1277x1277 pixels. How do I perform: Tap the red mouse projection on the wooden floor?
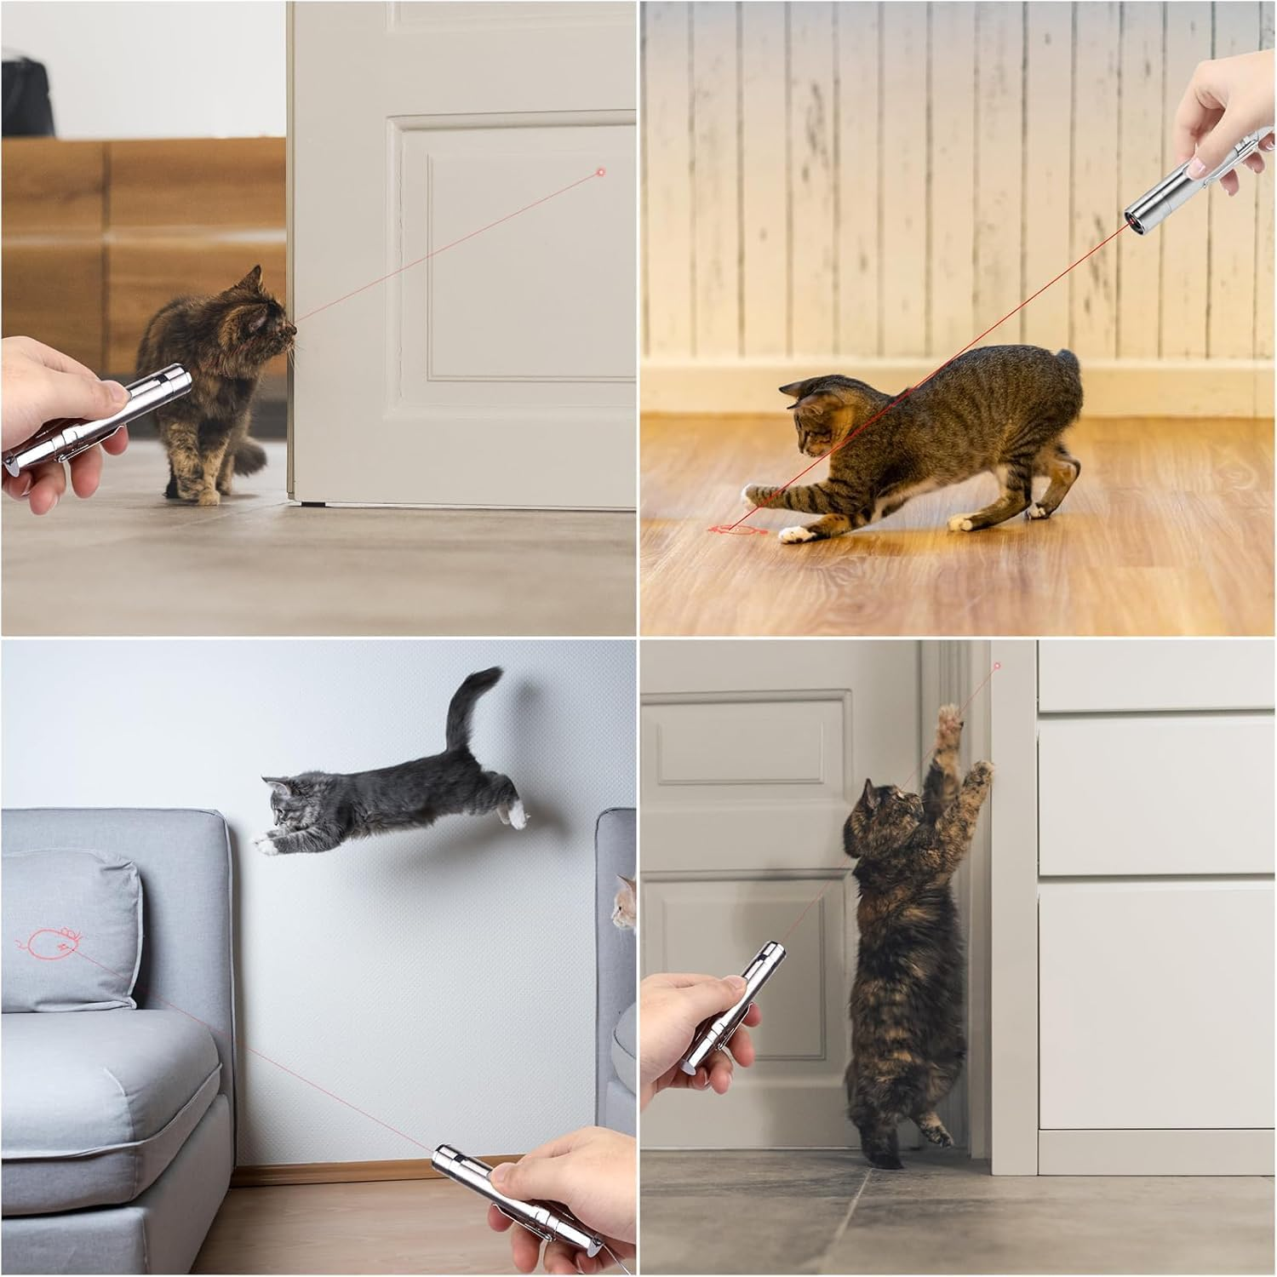[x=734, y=531]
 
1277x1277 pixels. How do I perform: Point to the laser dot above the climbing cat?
[x=997, y=666]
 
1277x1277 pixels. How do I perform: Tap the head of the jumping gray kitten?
[x=285, y=798]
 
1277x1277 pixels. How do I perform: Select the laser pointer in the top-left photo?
[x=94, y=417]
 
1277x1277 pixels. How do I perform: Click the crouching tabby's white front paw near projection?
[x=793, y=534]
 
